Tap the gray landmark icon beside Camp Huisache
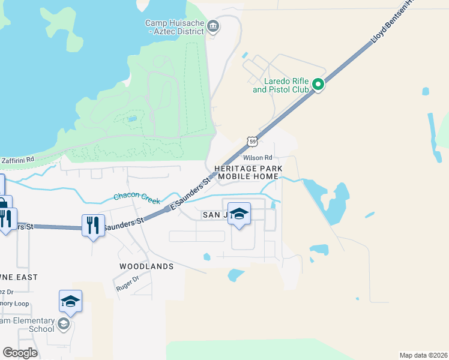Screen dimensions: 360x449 213,26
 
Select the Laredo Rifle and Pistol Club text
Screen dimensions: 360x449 280,85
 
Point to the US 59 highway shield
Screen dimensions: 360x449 253,142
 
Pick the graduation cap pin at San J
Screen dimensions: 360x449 239,215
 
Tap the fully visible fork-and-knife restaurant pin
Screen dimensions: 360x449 92,226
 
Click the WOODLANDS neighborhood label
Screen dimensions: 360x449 146,266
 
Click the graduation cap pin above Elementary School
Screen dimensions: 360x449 70,301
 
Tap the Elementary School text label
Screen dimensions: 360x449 27,325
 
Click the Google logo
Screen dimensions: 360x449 20,353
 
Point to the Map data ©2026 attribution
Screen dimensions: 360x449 423,355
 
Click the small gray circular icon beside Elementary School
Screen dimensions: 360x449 62,325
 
